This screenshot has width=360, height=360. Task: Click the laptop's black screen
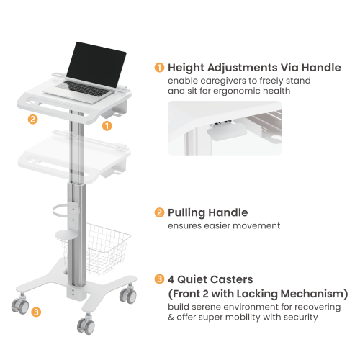pyautogui.click(x=99, y=60)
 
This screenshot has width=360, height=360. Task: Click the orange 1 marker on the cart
pyautogui.click(x=107, y=125)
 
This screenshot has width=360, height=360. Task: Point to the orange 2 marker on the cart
pyautogui.click(x=32, y=120)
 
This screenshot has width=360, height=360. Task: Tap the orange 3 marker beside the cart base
pyautogui.click(x=36, y=312)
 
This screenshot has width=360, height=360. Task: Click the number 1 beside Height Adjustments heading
pyautogui.click(x=158, y=68)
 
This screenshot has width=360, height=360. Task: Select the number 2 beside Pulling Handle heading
pyautogui.click(x=158, y=212)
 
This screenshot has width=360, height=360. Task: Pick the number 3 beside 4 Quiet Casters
pyautogui.click(x=158, y=279)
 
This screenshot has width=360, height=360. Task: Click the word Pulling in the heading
pyautogui.click(x=186, y=212)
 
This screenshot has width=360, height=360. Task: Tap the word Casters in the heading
pyautogui.click(x=231, y=279)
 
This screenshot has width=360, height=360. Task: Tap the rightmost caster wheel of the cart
pyautogui.click(x=131, y=296)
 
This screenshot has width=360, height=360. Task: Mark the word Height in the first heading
pyautogui.click(x=186, y=68)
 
